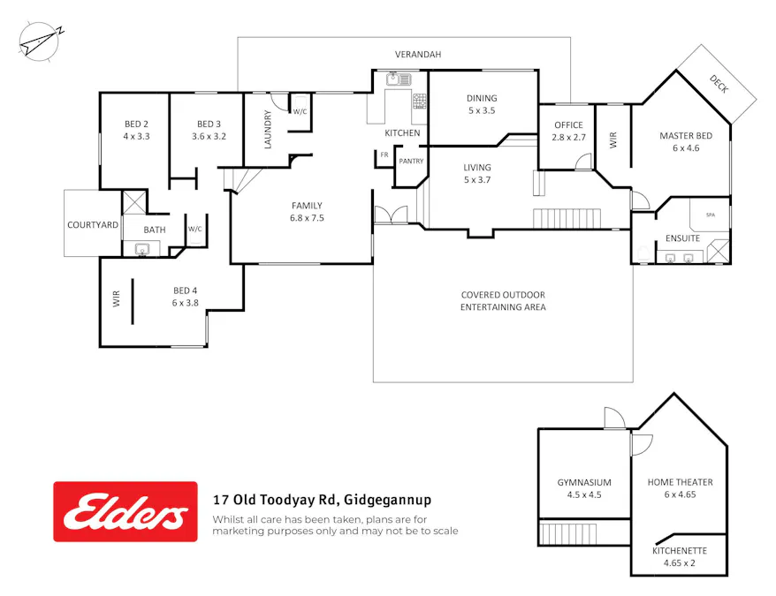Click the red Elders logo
126,511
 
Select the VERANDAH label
417,55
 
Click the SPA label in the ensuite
710,215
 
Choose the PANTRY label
411,162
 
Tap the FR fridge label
384,155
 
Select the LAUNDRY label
268,129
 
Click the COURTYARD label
93,225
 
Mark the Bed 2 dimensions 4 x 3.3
135,137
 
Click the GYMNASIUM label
584,482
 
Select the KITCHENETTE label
680,550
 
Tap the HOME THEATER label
680,482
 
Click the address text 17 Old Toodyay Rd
276,499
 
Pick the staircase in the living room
567,217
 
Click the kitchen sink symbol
394,79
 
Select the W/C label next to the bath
194,230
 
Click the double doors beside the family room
390,216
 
